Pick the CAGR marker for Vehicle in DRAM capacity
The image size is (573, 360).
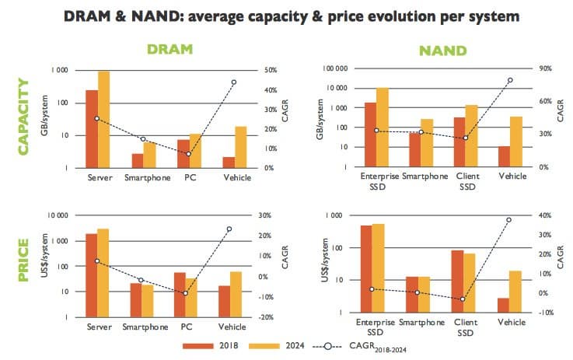point(234,82)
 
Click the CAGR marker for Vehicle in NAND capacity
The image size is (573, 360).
point(510,80)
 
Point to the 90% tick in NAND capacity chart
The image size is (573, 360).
point(544,68)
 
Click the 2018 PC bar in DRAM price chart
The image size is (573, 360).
point(180,295)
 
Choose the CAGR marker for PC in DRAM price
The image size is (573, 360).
point(185,293)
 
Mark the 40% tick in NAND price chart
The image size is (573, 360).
point(544,215)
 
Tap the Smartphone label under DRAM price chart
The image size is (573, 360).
point(142,327)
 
